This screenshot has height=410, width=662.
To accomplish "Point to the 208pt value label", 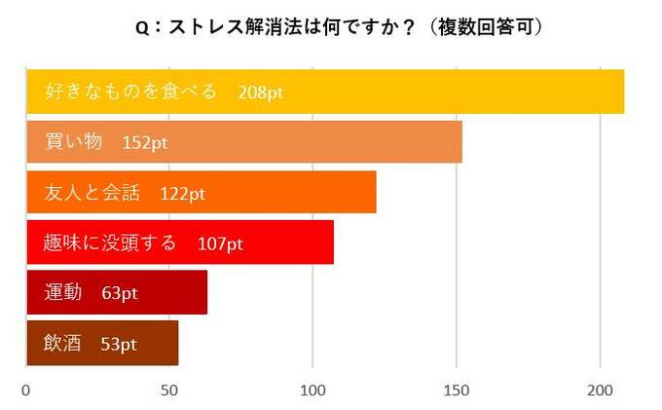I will [x=259, y=93].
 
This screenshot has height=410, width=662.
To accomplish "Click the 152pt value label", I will [x=145, y=142].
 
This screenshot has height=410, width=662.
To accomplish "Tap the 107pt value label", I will [x=219, y=243].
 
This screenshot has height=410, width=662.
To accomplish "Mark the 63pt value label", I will [x=120, y=293].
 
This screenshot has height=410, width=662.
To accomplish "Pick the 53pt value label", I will [x=116, y=344].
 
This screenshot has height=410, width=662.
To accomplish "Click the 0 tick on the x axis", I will [x=26, y=391].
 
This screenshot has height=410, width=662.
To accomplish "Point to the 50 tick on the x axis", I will [x=169, y=391].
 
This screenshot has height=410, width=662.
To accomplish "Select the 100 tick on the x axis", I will [x=313, y=391].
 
